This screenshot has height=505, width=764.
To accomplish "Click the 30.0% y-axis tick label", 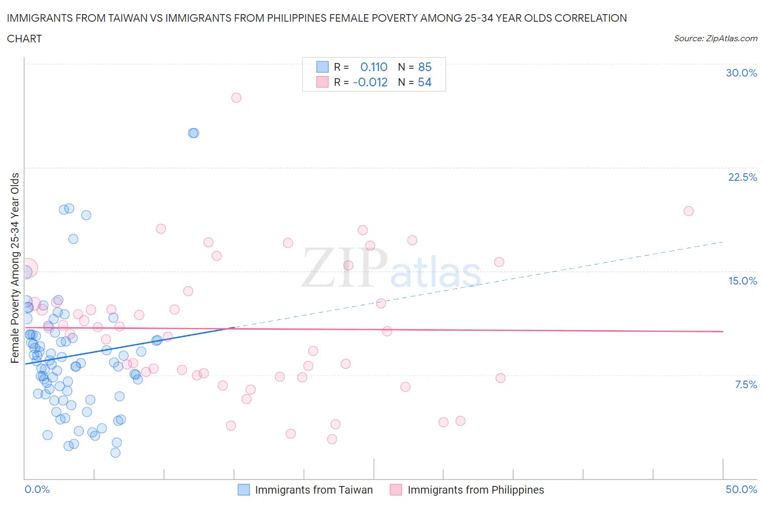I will click(x=741, y=73).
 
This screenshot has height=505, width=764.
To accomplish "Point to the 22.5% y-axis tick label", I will click(x=742, y=177).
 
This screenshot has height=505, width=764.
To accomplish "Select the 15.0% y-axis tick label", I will click(x=742, y=281).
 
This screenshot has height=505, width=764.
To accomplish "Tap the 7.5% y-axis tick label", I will click(x=746, y=384).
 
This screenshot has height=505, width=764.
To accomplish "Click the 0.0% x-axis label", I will click(x=37, y=489).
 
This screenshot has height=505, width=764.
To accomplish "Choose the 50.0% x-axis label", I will click(x=741, y=489).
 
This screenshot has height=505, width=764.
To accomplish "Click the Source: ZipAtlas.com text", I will click(x=715, y=38).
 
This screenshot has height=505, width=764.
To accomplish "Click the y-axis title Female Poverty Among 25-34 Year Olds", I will click(x=15, y=268).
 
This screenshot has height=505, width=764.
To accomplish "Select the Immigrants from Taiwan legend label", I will click(x=314, y=490).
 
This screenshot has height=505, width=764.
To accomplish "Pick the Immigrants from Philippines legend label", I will click(x=475, y=490).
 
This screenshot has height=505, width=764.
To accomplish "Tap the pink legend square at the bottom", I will click(x=396, y=490).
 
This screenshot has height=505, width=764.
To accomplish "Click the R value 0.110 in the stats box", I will click(x=374, y=67).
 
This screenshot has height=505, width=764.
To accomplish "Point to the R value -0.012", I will click(x=370, y=82).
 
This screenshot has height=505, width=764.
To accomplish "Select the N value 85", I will click(x=424, y=67).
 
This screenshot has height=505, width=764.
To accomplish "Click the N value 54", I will click(x=424, y=82).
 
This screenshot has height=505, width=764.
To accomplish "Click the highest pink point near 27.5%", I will click(x=236, y=98).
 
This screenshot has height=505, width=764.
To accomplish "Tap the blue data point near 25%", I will click(x=193, y=133).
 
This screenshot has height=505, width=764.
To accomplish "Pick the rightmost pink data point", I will click(x=688, y=211).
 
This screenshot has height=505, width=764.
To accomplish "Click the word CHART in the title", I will click(x=24, y=39).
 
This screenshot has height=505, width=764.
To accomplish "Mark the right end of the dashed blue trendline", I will click(x=723, y=242).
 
